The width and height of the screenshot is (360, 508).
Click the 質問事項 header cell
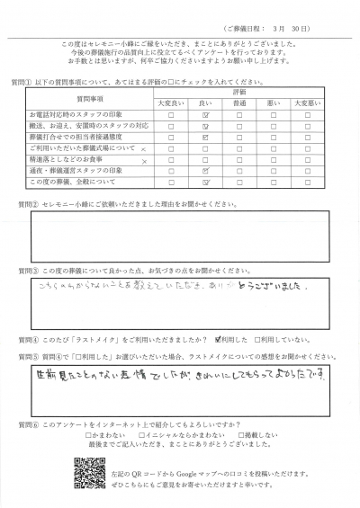pyautogui.click(x=86, y=98)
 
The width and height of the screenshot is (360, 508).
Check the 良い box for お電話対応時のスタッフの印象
pyautogui.click(x=207, y=116)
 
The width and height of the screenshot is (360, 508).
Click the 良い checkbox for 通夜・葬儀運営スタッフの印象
pyautogui.click(x=207, y=169)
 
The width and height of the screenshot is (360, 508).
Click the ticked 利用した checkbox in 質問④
pyautogui.click(x=219, y=341)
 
